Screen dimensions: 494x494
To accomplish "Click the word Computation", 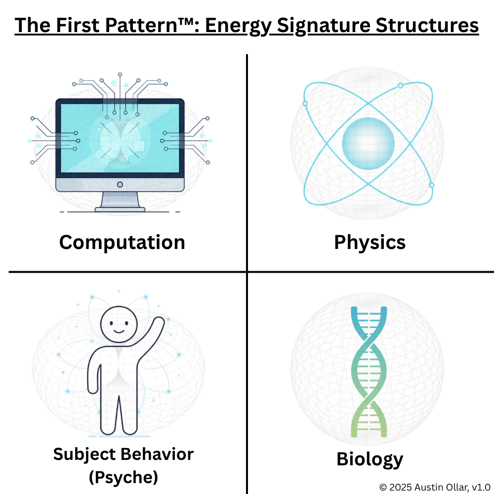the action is pyautogui.click(x=122, y=243).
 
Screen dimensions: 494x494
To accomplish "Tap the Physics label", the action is pyautogui.click(x=370, y=243).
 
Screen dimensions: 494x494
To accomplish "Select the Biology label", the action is pyautogui.click(x=370, y=459).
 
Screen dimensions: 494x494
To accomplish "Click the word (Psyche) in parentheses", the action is pyautogui.click(x=123, y=477).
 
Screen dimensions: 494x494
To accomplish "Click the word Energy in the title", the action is pyautogui.click(x=238, y=26).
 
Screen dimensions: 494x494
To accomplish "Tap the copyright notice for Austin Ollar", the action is pyautogui.click(x=435, y=487).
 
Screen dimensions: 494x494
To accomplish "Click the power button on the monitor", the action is pyautogui.click(x=120, y=185).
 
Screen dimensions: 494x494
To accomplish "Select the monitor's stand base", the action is pyautogui.click(x=120, y=209).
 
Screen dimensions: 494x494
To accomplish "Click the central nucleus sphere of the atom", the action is pyautogui.click(x=369, y=144).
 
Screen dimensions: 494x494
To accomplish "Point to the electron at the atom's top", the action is pyautogui.click(x=401, y=85).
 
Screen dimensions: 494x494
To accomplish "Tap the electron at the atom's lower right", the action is pyautogui.click(x=432, y=185).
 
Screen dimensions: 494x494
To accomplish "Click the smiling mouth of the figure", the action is pyautogui.click(x=119, y=331).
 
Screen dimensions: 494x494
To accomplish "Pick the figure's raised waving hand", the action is pyautogui.click(x=160, y=322).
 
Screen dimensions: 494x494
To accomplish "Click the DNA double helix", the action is pyautogui.click(x=369, y=372).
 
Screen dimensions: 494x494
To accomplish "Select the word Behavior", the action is pyautogui.click(x=157, y=454).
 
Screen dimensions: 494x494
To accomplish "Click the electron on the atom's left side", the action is pyautogui.click(x=305, y=104).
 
